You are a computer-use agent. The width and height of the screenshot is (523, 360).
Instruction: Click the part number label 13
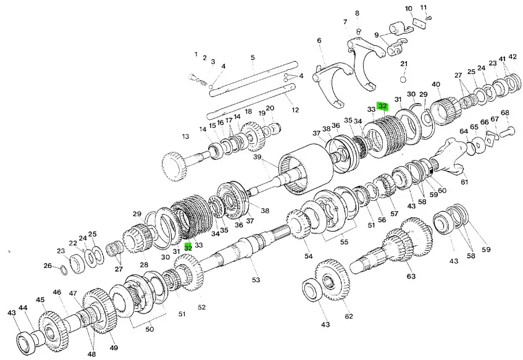[x=185, y=136]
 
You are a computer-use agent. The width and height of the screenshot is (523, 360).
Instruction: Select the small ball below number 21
[x=404, y=80]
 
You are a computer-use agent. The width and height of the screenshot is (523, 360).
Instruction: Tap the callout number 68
[x=505, y=112]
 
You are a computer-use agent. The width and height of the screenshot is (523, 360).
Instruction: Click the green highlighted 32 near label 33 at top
[x=383, y=106]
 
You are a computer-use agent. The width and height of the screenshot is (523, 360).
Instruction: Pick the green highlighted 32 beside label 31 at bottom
[x=188, y=247]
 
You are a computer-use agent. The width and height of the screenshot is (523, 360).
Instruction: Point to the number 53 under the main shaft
[x=256, y=280]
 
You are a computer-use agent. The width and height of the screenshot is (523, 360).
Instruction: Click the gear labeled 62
[x=332, y=280]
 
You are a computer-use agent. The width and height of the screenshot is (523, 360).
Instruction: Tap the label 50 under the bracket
[x=150, y=329]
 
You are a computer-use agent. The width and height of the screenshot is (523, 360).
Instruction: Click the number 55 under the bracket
[x=344, y=241]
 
